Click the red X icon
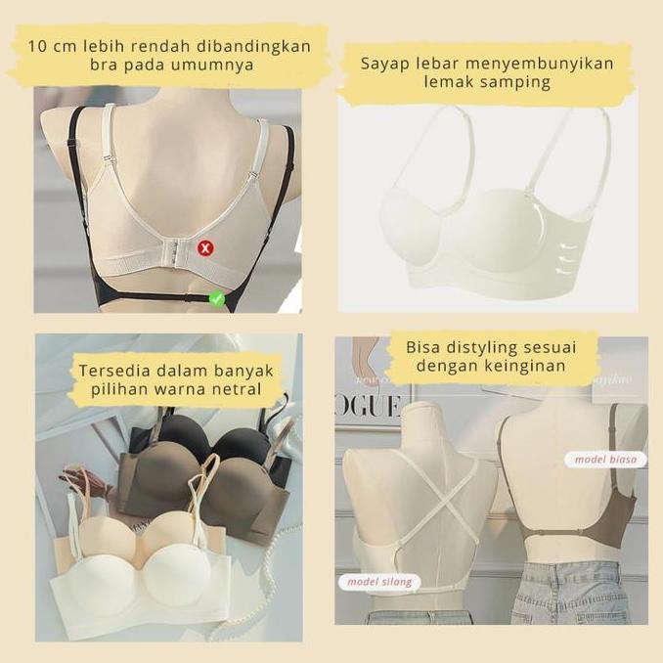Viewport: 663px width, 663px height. click(205, 248)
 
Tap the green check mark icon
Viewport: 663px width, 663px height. click(216, 299)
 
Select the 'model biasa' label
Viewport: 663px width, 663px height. click(604, 459)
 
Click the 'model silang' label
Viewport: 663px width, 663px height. click(380, 582)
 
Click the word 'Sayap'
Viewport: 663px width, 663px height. click(384, 64)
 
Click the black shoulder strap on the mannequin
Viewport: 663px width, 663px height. click(47, 156)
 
